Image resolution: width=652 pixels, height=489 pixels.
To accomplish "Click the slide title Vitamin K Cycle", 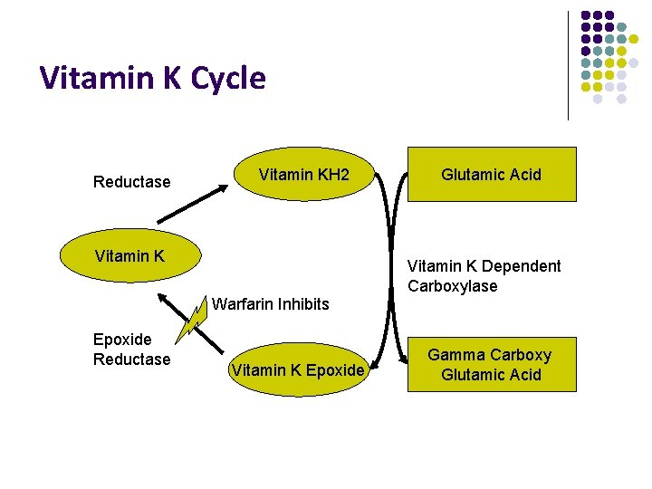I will pyautogui.click(x=153, y=79).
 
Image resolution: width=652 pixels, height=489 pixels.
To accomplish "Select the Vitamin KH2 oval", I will pyautogui.click(x=303, y=174).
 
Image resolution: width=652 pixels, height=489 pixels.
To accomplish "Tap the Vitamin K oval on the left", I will pyautogui.click(x=129, y=256).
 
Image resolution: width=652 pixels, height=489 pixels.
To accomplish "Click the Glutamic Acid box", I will pyautogui.click(x=491, y=174).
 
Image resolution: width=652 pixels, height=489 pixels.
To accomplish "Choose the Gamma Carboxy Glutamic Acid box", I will pyautogui.click(x=491, y=365).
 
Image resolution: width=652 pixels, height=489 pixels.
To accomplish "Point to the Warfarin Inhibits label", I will pyautogui.click(x=270, y=304).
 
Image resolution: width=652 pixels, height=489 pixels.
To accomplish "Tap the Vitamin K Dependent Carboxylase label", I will pyautogui.click(x=484, y=276).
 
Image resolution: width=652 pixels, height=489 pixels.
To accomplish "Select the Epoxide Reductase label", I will pyautogui.click(x=131, y=350).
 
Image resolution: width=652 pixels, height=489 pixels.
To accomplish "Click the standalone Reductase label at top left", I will pyautogui.click(x=131, y=182).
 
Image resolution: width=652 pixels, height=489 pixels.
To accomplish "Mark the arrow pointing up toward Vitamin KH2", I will pyautogui.click(x=193, y=204).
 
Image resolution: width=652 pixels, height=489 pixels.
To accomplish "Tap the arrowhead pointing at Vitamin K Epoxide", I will pyautogui.click(x=379, y=363).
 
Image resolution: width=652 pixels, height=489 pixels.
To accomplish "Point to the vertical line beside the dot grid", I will pyautogui.click(x=568, y=65).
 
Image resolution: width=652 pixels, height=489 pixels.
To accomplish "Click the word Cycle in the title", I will pyautogui.click(x=228, y=79).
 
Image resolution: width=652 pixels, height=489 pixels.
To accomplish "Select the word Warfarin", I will pyautogui.click(x=240, y=304).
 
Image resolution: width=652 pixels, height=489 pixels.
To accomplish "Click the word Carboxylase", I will pyautogui.click(x=452, y=286).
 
